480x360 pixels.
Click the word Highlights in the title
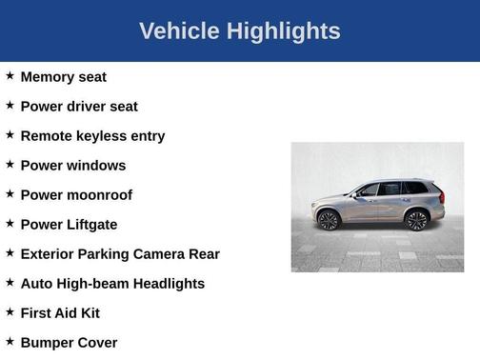(284, 31)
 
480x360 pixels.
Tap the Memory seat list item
(63, 77)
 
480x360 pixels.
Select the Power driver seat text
(79, 107)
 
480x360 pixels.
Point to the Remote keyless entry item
(92, 136)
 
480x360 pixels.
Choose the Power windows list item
(72, 166)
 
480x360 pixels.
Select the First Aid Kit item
(60, 313)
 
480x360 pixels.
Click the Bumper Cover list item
(69, 343)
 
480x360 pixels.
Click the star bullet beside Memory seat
(10, 75)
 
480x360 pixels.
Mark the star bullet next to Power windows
(10, 164)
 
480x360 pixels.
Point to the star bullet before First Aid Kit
(10, 311)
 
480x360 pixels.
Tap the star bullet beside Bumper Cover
(10, 341)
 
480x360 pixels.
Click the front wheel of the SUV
(329, 221)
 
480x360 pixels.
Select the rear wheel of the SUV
(416, 221)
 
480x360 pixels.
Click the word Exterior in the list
(50, 254)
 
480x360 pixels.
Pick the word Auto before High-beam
(35, 284)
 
